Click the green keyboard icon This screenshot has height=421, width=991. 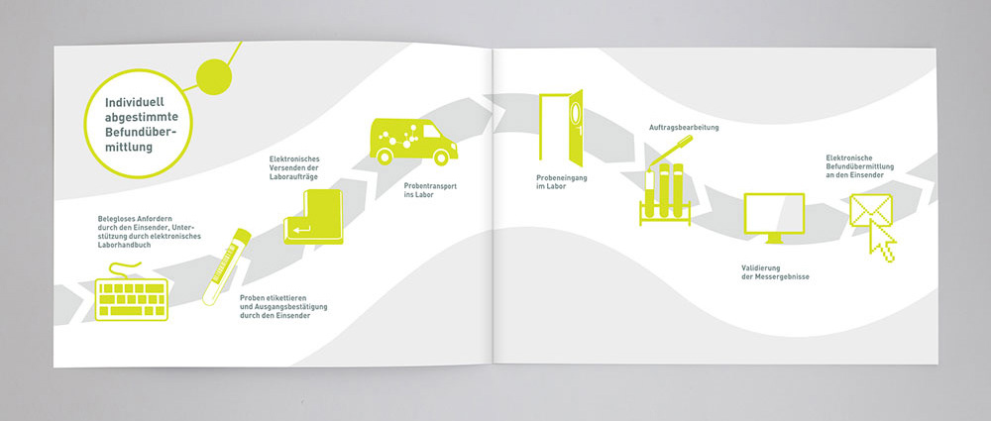pos(132,299)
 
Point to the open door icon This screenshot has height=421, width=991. pos(560,127)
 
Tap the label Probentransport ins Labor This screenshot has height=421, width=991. pos(429,191)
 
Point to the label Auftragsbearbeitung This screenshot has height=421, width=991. pos(684,129)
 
